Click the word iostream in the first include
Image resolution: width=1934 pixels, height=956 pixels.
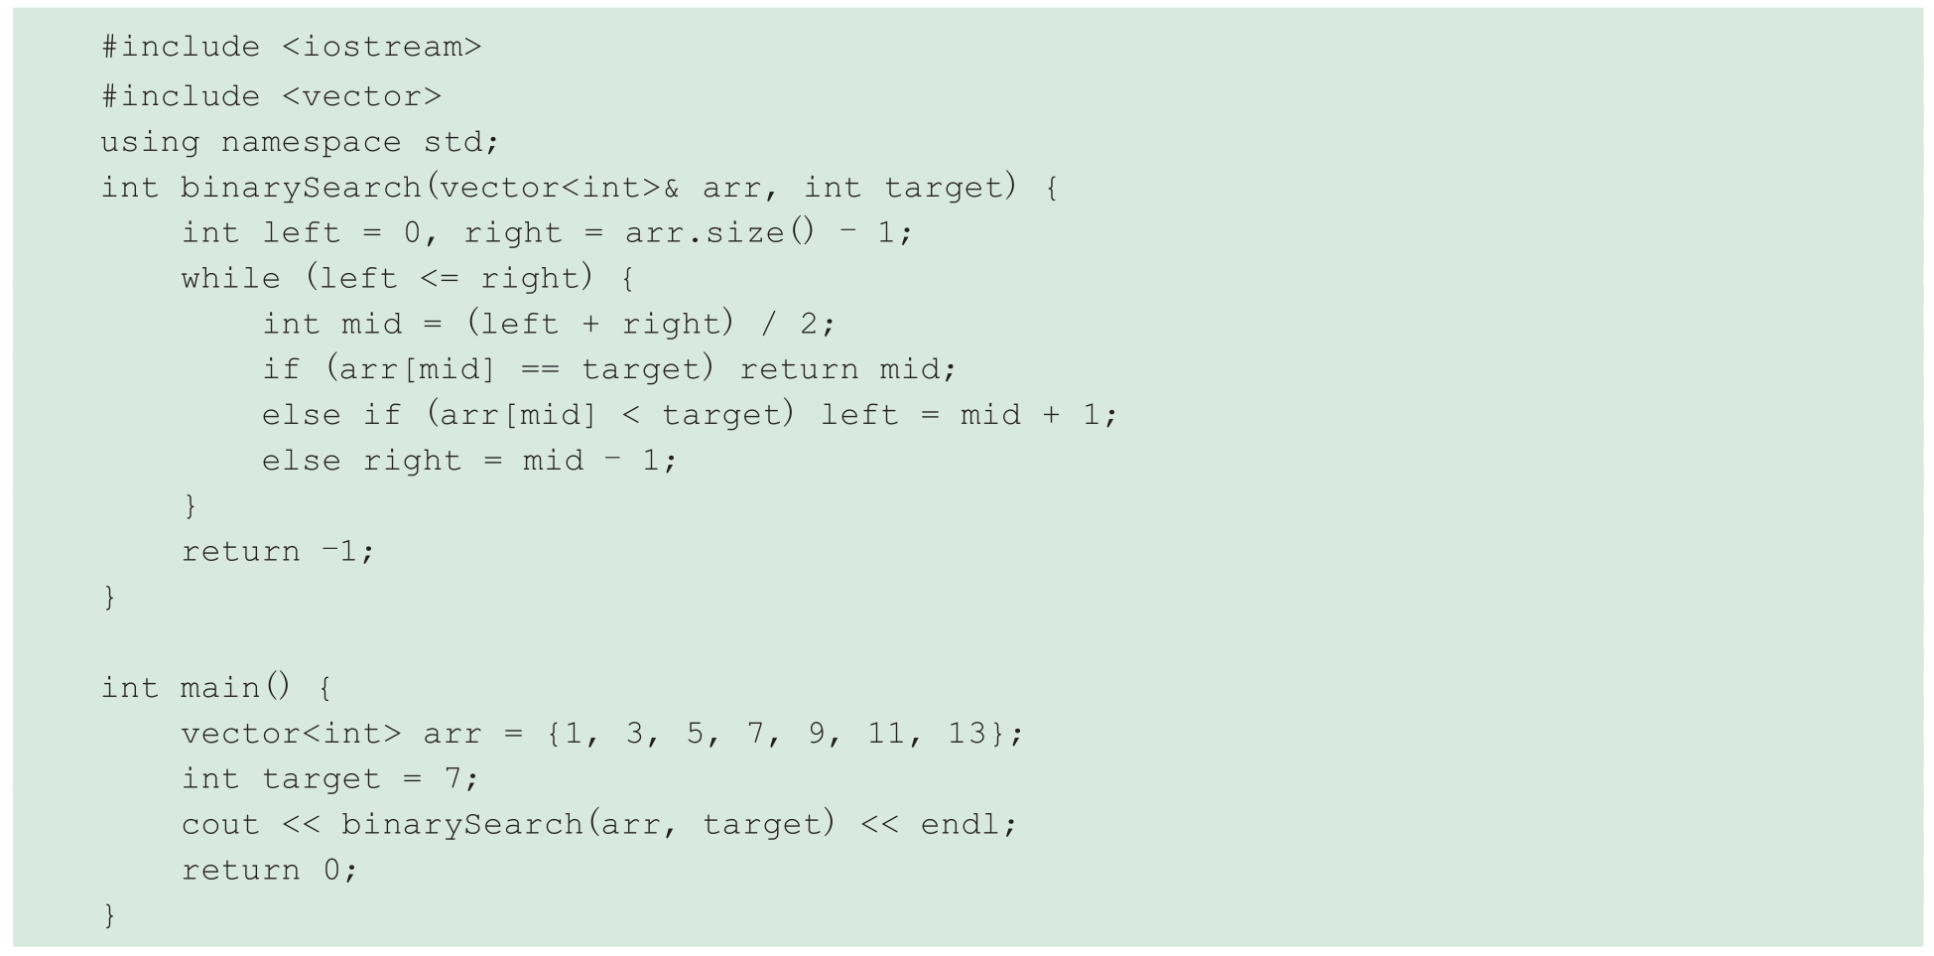(381, 47)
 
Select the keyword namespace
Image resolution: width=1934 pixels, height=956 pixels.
(311, 142)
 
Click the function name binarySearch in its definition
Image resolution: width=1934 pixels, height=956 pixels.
(301, 188)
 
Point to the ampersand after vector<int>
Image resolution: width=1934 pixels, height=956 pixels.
(672, 188)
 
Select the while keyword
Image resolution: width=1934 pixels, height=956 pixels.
(230, 279)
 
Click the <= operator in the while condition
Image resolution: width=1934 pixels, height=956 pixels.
(441, 279)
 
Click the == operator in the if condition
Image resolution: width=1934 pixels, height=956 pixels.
(541, 370)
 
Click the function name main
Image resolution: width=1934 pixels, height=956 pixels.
(220, 688)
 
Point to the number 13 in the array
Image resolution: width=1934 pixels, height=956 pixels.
(967, 734)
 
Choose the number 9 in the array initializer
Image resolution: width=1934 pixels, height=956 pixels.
(816, 734)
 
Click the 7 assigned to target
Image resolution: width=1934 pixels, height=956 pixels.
(452, 779)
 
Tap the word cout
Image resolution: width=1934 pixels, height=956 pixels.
(220, 825)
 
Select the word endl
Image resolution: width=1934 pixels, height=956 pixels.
(960, 825)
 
